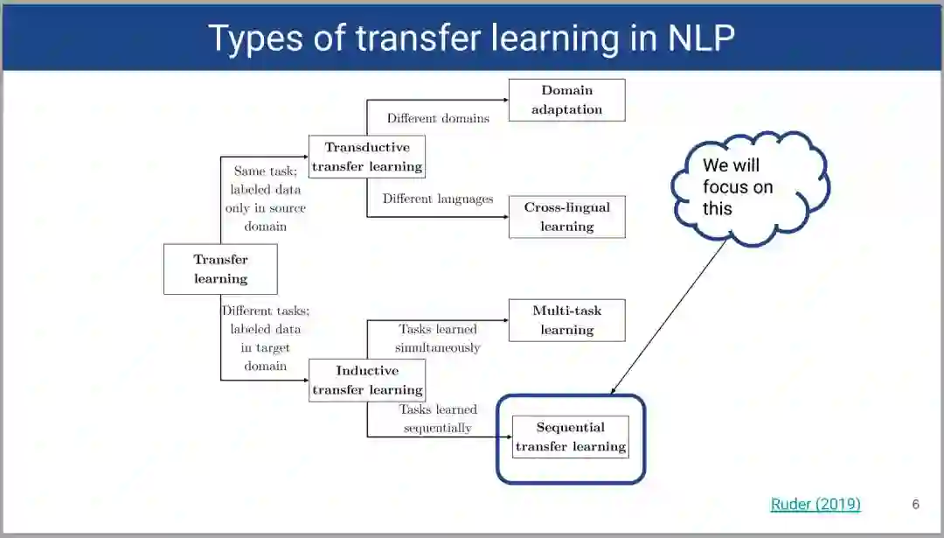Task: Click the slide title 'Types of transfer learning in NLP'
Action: [471, 38]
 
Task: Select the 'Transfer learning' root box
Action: [220, 269]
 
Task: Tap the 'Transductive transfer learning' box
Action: [367, 157]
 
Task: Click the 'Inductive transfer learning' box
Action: [367, 380]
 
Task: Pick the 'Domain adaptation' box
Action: [566, 100]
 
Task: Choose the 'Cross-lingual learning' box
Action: [566, 216]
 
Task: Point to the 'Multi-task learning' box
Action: [566, 319]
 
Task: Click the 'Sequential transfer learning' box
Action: [570, 437]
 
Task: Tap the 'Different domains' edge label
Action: [438, 118]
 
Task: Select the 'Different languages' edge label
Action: [438, 199]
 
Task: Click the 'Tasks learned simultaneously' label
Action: [438, 338]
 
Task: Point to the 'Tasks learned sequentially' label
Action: [438, 418]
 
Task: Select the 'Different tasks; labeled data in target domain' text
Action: [265, 338]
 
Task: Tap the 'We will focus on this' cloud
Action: [748, 187]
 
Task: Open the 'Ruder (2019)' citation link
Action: [815, 504]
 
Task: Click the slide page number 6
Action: [915, 504]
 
